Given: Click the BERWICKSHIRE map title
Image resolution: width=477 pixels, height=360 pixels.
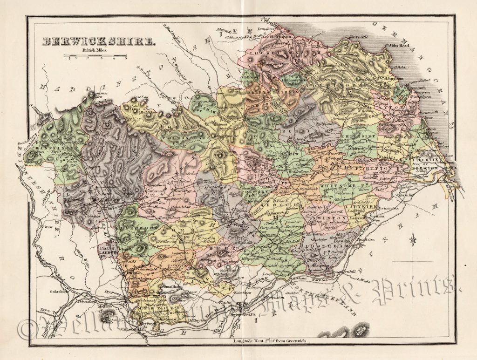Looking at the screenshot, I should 99,42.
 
